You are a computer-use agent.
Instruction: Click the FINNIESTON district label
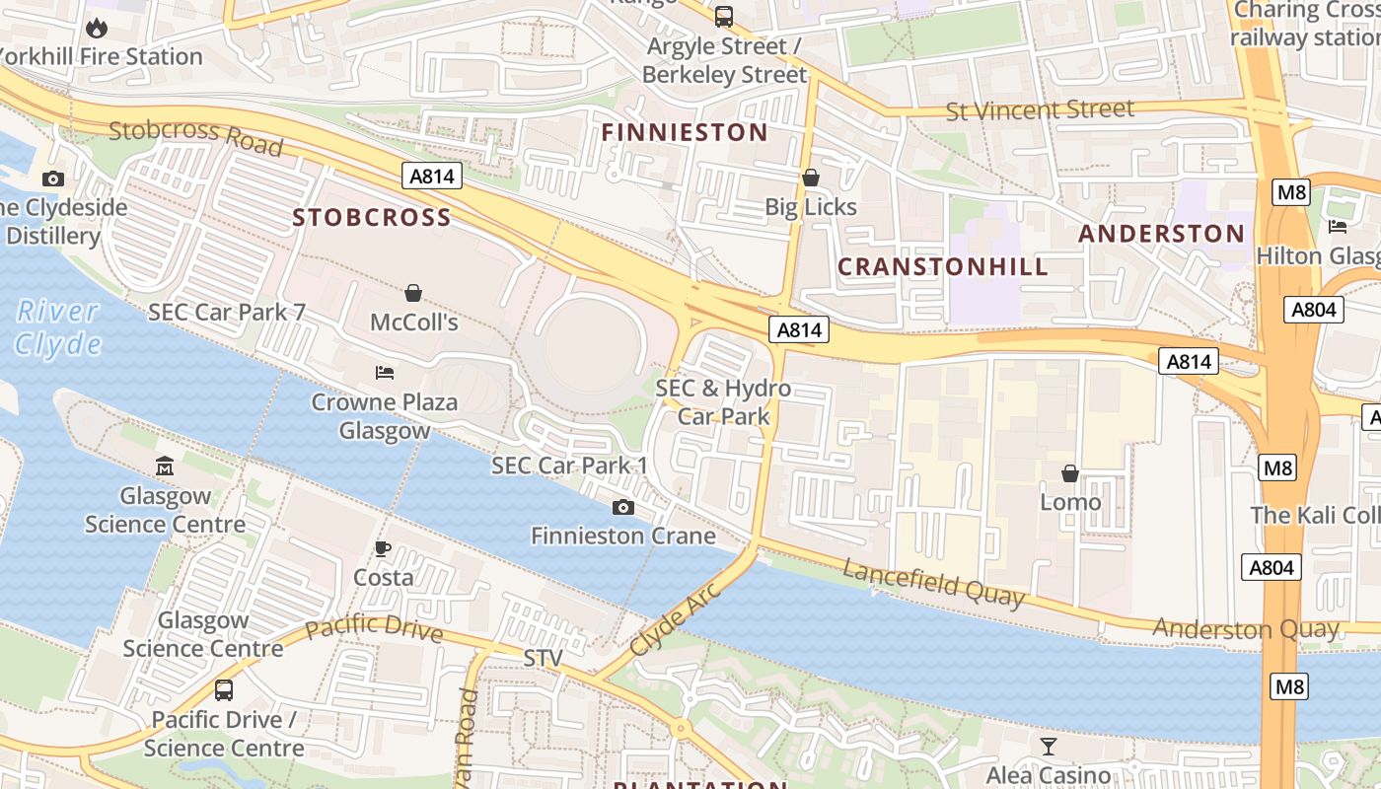click(x=685, y=132)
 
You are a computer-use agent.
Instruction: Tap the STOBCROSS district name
click(x=372, y=218)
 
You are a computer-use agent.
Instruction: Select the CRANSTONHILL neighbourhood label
click(x=943, y=266)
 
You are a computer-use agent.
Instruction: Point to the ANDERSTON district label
click(x=1161, y=234)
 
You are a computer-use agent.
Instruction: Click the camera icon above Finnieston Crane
click(x=623, y=507)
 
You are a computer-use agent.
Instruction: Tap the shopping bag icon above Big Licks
click(x=811, y=178)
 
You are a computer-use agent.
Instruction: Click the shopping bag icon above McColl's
click(x=413, y=293)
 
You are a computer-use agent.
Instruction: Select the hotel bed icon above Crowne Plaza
click(x=385, y=373)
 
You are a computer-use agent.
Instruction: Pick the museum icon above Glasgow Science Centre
click(x=165, y=466)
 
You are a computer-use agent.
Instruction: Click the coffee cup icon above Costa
click(x=383, y=548)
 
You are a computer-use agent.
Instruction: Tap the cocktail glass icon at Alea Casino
click(x=1048, y=746)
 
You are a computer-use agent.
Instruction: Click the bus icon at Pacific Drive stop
click(x=224, y=690)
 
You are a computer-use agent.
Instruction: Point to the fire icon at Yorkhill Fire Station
click(x=97, y=28)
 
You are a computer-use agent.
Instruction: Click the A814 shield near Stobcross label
click(x=432, y=176)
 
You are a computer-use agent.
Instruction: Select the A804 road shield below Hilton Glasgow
click(x=1316, y=310)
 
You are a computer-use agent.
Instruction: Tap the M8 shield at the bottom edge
click(x=1288, y=686)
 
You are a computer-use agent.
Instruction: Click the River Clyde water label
click(x=58, y=327)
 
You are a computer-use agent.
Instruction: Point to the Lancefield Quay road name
click(x=932, y=582)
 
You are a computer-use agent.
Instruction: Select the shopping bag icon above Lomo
click(x=1070, y=474)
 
